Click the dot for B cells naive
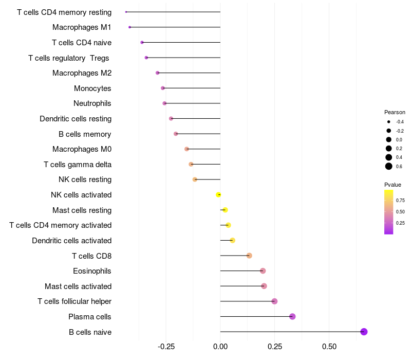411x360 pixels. pos(364,332)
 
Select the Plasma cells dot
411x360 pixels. pos(292,316)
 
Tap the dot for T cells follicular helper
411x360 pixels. pos(274,301)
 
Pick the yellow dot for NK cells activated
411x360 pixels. pos(218,194)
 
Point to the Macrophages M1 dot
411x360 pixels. pos(129,27)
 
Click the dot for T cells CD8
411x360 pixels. pos(249,256)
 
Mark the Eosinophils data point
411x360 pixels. pos(263,271)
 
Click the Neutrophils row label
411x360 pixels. pos(92,103)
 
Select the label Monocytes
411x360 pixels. pos(92,88)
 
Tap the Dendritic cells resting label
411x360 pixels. pos(76,119)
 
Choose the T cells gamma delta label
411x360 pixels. pos(78,165)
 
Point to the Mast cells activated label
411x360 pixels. pos(78,286)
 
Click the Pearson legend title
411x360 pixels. pos(395,112)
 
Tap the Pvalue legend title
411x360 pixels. pos(393,185)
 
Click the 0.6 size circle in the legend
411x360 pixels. pos(389,166)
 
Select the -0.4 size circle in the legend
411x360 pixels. pos(389,122)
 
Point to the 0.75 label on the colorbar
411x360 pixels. pos(400,200)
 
